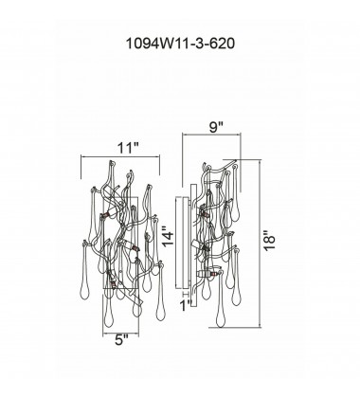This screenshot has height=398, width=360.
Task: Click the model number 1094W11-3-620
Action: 180,44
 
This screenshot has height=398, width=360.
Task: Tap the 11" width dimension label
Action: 128,148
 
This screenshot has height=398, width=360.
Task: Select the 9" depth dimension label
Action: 217,127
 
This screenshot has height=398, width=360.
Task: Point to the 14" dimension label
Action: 168,236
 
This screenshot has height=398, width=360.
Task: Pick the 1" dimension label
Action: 186,306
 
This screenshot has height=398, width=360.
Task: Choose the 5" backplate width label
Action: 121,339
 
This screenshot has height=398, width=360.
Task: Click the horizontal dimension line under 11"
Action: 120,156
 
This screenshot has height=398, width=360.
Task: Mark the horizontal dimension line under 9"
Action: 211,135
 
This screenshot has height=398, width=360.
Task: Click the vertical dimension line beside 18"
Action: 260,244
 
